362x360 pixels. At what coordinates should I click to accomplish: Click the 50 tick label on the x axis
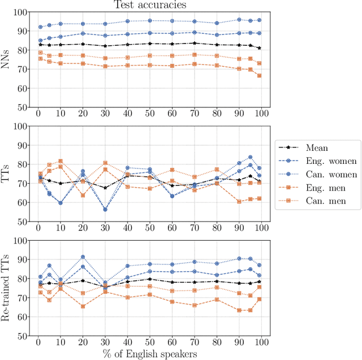coord(149,343)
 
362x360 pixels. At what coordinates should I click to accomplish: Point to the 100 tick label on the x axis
coord(261,343)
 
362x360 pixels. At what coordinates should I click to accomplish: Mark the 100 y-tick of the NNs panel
coord(21,12)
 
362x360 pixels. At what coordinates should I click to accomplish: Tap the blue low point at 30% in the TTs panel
coord(105,209)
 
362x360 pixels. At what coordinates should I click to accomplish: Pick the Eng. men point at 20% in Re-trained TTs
coord(83,306)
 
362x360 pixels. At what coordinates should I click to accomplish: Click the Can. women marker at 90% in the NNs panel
coord(239,20)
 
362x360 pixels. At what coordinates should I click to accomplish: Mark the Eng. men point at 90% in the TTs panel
coord(239,201)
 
